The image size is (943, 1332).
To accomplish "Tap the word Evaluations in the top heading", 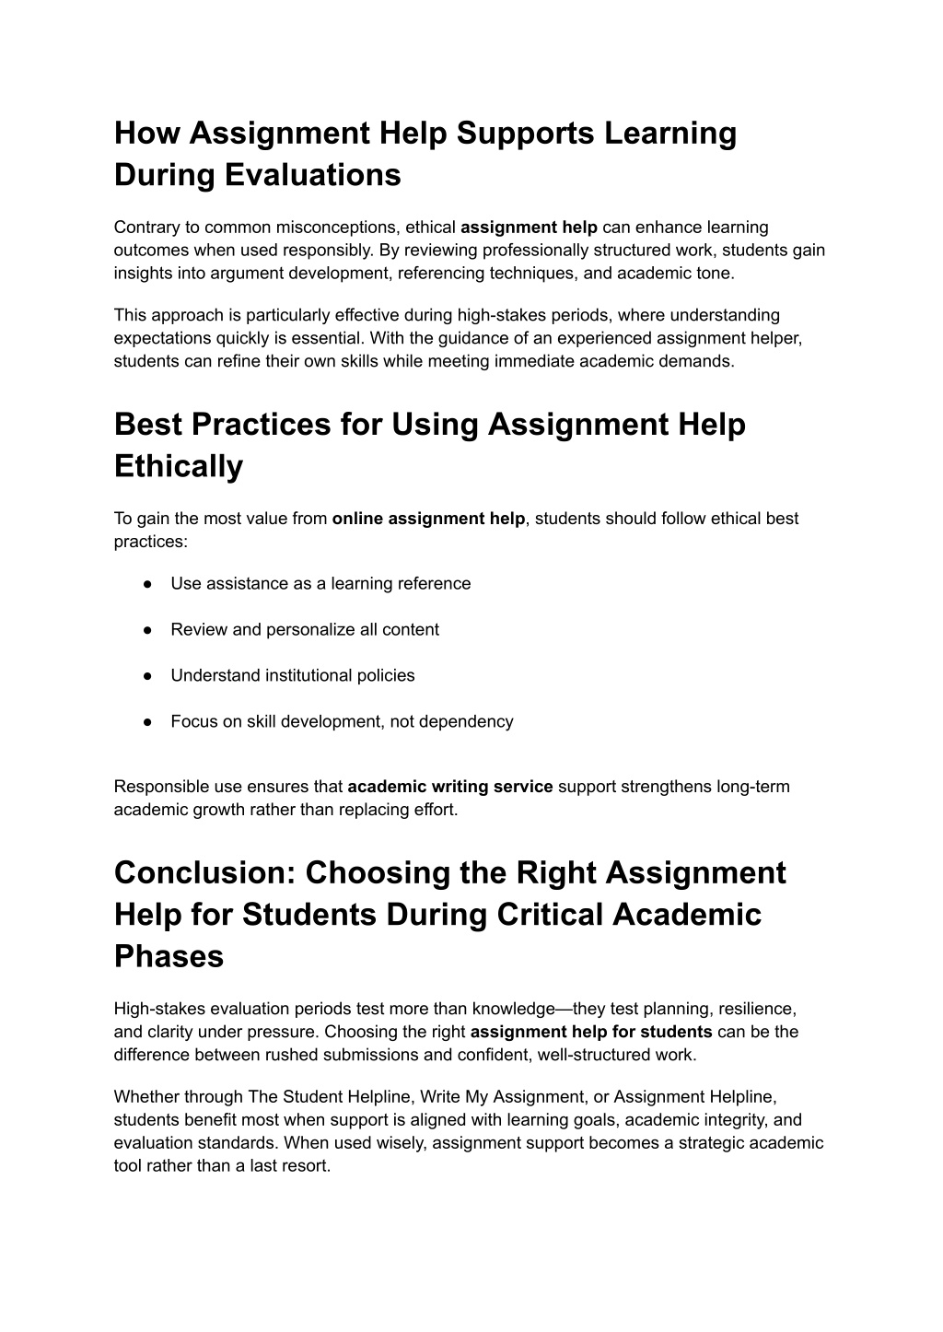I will point(313,174).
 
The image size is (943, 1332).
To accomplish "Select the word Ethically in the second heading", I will point(179,466).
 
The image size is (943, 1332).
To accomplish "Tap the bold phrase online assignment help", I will point(428,519).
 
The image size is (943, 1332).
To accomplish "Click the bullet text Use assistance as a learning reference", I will point(320,584).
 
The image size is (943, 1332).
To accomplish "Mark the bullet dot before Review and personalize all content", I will point(147,630).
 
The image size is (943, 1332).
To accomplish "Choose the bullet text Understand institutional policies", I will point(293,676).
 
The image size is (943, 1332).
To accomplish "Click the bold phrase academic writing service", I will point(450,788).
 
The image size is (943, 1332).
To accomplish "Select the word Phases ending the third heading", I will point(169,956).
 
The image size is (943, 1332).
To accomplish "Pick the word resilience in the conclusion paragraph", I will point(756,1010).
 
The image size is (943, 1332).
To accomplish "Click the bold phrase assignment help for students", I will point(591,1032).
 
